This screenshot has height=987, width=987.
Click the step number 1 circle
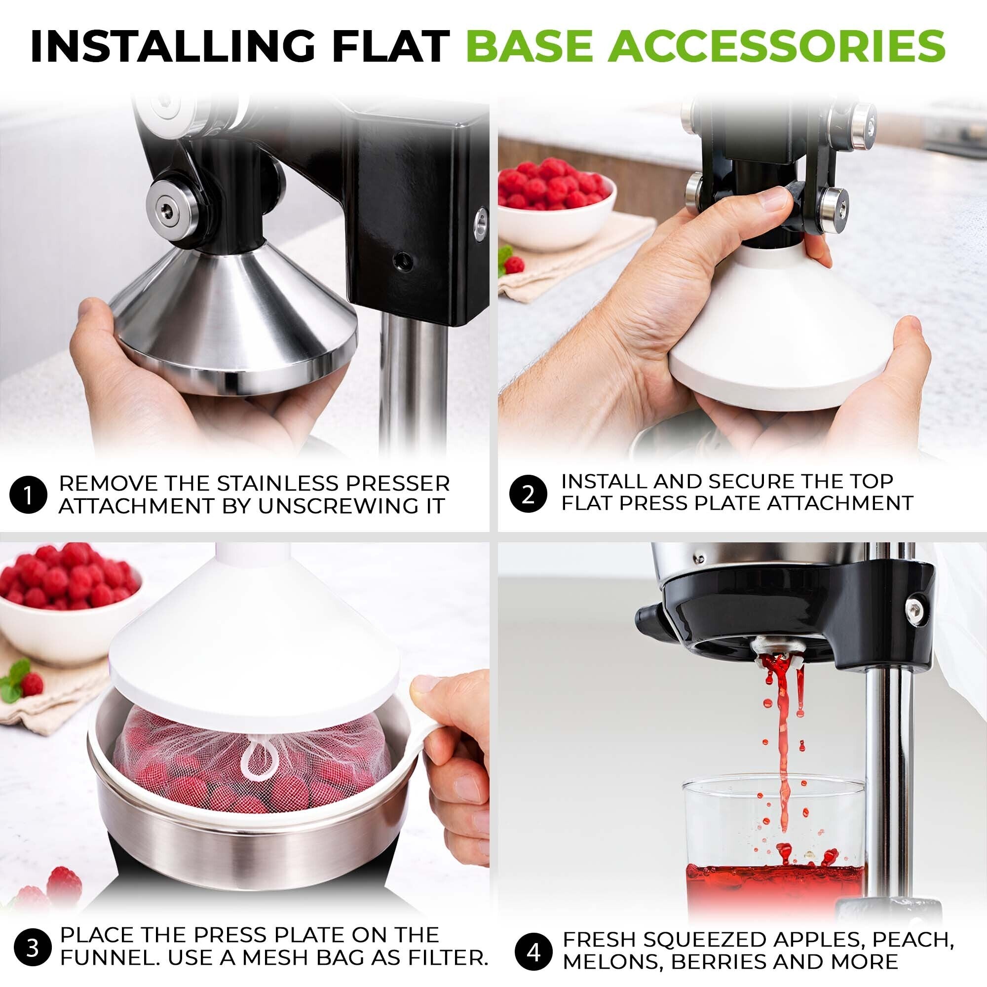28,494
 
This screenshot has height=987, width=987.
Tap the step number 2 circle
528,494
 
